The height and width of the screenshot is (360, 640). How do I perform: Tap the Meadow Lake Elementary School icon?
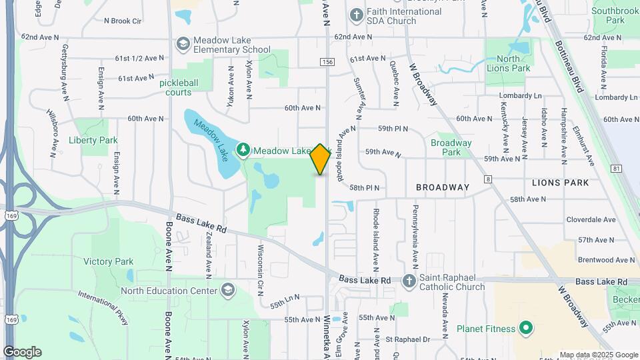point(182,44)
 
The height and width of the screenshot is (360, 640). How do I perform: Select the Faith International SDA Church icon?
point(357,15)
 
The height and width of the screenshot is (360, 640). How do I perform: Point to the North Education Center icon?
point(229,291)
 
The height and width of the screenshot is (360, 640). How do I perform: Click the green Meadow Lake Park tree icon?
point(244,151)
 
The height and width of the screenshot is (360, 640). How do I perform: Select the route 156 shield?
point(327,62)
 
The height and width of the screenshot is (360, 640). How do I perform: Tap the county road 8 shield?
point(488,179)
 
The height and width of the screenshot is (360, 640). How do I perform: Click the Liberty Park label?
point(93,140)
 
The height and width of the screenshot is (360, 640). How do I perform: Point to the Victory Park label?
point(109,262)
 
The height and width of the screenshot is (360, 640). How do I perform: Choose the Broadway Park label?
point(451,147)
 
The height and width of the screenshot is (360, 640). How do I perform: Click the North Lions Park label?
point(513,63)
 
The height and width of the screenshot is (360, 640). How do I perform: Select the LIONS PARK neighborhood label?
point(560,182)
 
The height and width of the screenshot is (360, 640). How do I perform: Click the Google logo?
point(22,351)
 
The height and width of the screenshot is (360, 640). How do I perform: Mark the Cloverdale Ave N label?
point(591,219)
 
